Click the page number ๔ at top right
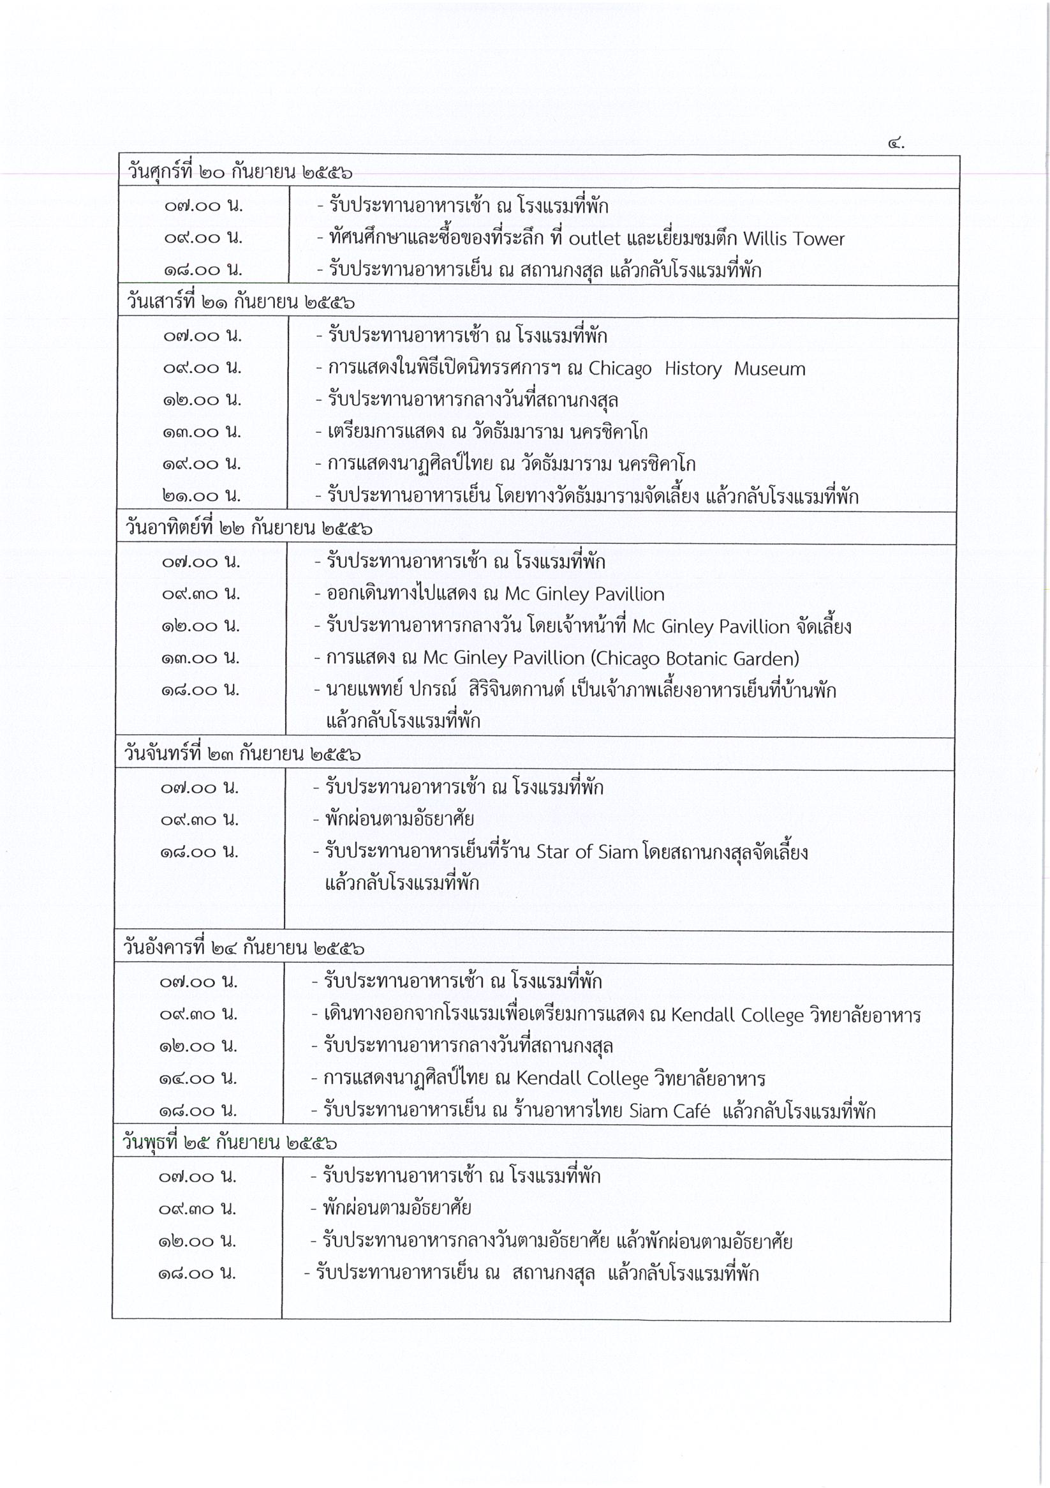[x=894, y=144]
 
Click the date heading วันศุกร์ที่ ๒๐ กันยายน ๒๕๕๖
[x=240, y=173]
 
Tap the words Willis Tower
[x=794, y=239]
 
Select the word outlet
[x=595, y=239]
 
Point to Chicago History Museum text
[x=697, y=369]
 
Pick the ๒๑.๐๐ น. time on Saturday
[x=202, y=497]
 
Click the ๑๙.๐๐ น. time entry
[x=202, y=464]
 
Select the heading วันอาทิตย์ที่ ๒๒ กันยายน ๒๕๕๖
[x=249, y=529]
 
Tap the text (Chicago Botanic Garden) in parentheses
[x=695, y=658]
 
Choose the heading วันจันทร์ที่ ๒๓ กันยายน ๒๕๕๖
[x=242, y=755]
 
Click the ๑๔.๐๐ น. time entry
[x=198, y=1078]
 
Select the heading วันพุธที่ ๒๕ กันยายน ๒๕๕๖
[x=230, y=1143]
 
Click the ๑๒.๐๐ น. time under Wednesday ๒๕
[x=197, y=1241]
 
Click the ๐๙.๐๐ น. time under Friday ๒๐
[x=203, y=238]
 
